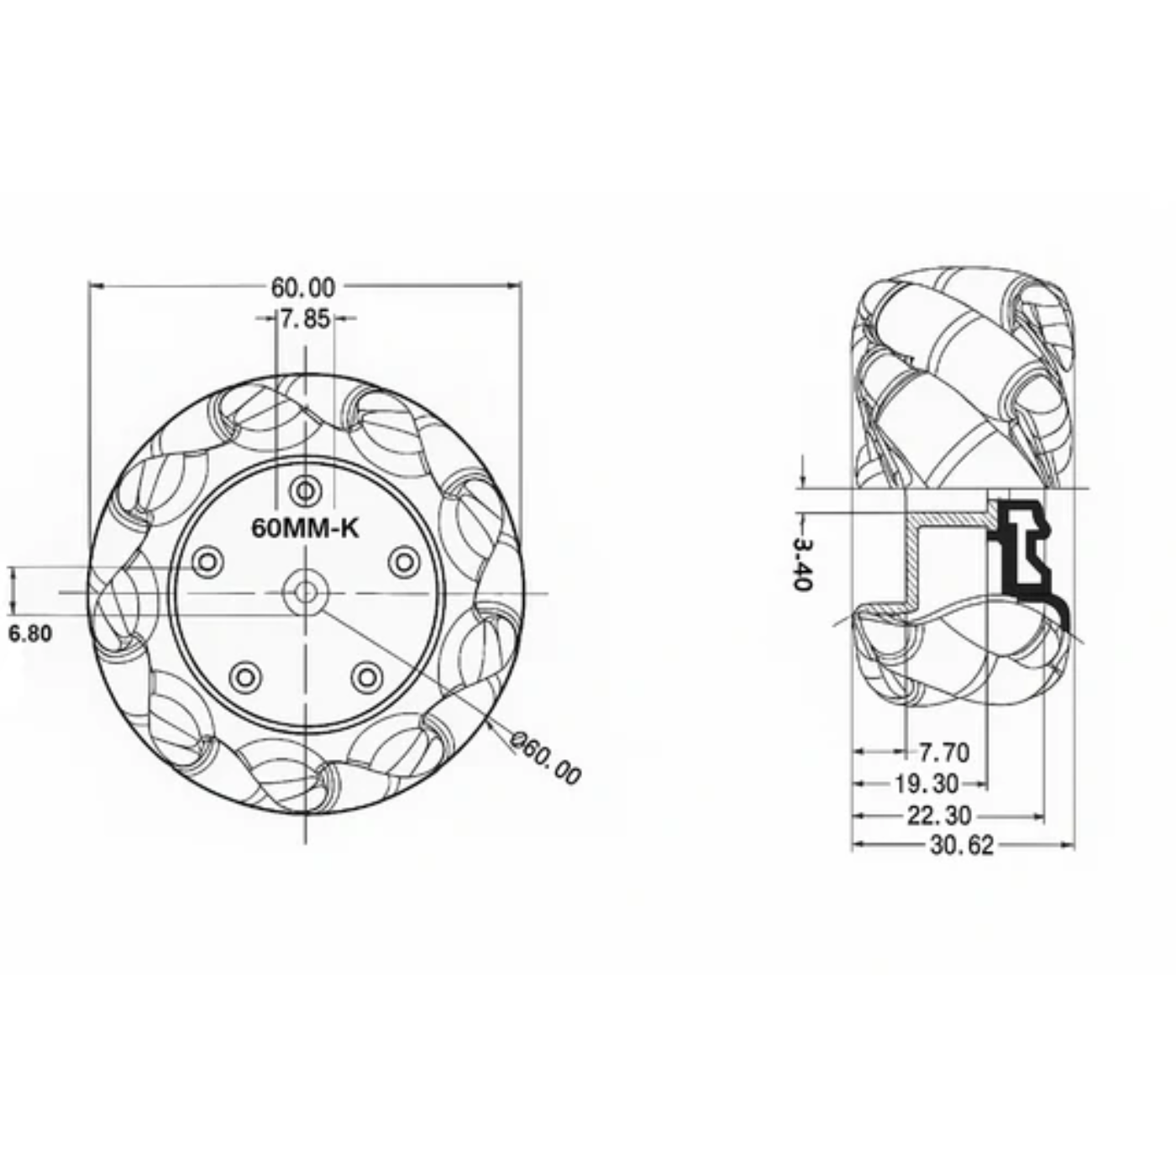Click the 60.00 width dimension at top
pyautogui.click(x=302, y=287)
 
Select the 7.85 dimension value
pyautogui.click(x=305, y=319)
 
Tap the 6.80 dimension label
pyautogui.click(x=30, y=633)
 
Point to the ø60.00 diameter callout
pyautogui.click(x=547, y=759)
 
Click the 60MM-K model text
pyautogui.click(x=306, y=528)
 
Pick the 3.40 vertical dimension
pyautogui.click(x=801, y=564)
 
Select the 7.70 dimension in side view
pyautogui.click(x=943, y=752)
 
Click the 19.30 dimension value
pyautogui.click(x=927, y=784)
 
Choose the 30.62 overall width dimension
pyautogui.click(x=962, y=845)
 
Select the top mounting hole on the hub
pyautogui.click(x=306, y=490)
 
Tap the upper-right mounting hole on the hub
pyautogui.click(x=405, y=561)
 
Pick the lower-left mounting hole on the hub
pyautogui.click(x=245, y=676)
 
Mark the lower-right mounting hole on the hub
pyautogui.click(x=367, y=676)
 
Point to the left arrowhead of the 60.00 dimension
pyautogui.click(x=95, y=287)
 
